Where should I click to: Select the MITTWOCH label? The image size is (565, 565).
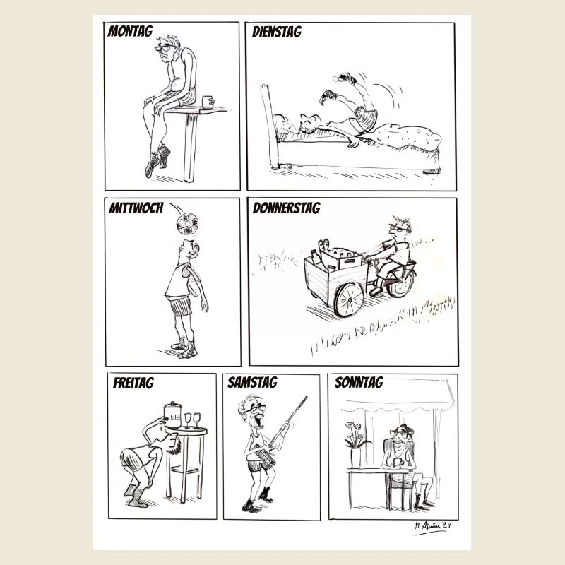136,208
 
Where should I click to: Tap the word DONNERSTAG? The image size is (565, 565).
286,208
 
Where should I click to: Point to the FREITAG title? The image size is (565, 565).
133,383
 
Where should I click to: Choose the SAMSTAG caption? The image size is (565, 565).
252,383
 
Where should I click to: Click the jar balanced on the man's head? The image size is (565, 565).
173,417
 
